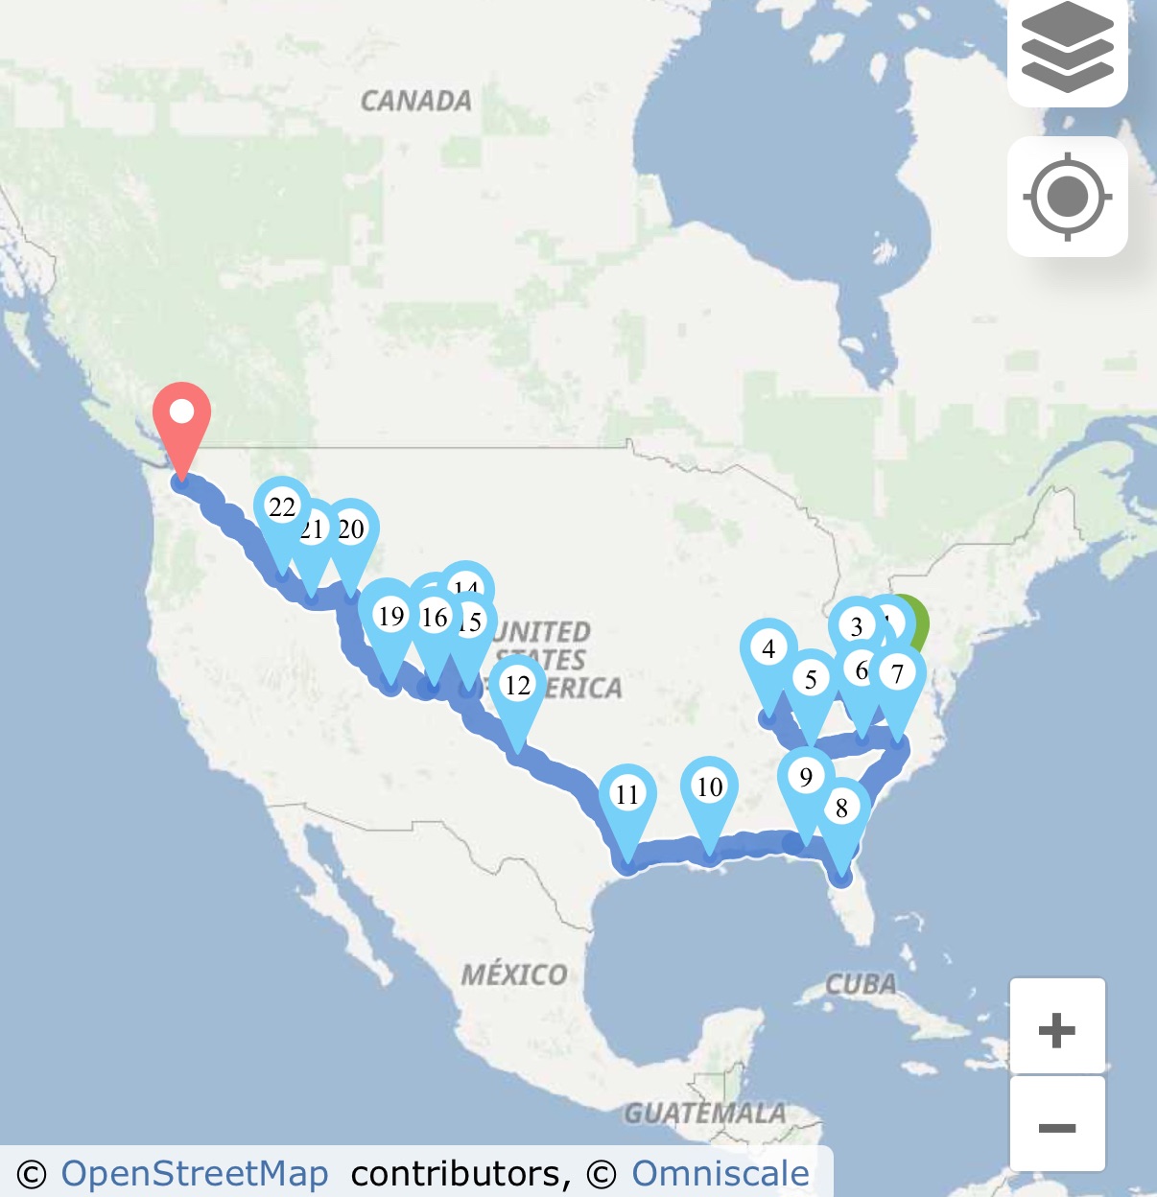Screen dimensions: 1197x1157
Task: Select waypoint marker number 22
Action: point(281,507)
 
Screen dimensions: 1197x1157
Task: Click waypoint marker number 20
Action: point(351,528)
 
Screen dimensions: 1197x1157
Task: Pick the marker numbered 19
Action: point(390,617)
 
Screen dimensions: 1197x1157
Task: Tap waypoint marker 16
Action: point(435,618)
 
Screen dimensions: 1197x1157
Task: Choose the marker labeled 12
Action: point(518,685)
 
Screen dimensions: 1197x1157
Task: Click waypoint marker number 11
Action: point(627,794)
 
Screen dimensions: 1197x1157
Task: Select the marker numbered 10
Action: point(709,786)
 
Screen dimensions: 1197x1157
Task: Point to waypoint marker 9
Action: point(806,777)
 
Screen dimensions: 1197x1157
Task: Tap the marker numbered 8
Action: point(841,808)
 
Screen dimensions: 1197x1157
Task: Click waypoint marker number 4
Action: point(768,649)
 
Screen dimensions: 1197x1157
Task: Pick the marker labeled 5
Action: point(811,679)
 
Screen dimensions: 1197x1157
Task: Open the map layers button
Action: point(1067,48)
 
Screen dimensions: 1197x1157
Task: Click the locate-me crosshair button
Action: point(1067,197)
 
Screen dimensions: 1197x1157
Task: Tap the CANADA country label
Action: point(416,101)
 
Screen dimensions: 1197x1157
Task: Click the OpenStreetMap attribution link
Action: point(194,1174)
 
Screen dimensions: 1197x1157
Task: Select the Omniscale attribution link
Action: point(720,1174)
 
